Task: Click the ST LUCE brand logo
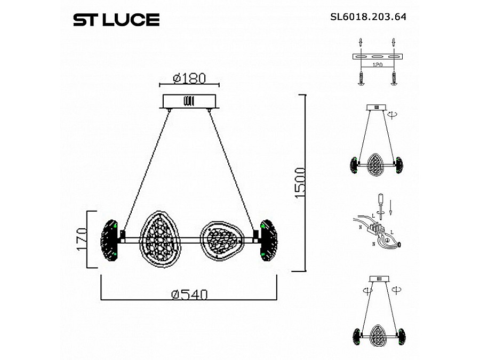coord(116,20)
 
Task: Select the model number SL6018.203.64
coord(369,16)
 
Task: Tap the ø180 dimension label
coord(189,78)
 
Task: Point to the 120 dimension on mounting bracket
coord(378,65)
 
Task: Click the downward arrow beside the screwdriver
coord(391,205)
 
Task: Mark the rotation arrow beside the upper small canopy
coord(393,114)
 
